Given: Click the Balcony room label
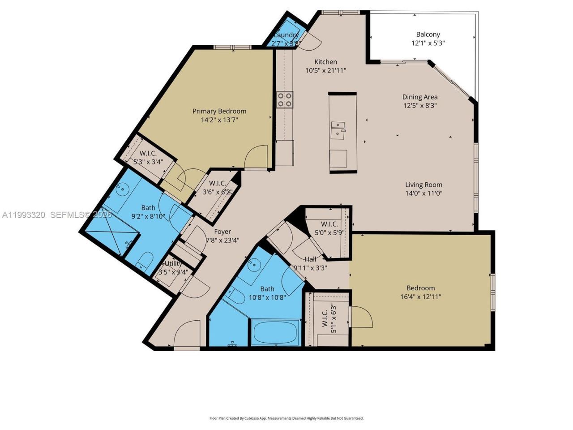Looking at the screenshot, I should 428,34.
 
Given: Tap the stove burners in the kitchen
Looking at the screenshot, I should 284,99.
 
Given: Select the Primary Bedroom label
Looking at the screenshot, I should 219,111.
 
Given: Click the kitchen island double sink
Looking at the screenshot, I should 338,129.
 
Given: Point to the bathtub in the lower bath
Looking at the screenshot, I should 275,332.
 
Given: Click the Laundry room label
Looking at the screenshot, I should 286,35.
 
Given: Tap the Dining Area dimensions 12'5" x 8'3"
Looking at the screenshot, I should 419,106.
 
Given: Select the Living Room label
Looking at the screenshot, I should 423,185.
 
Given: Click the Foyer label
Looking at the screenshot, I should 222,232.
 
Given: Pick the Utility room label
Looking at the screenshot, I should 173,264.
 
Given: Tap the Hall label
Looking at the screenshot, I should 310,259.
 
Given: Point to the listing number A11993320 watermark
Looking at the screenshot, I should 23,215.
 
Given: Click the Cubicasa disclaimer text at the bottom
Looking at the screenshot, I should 286,418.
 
